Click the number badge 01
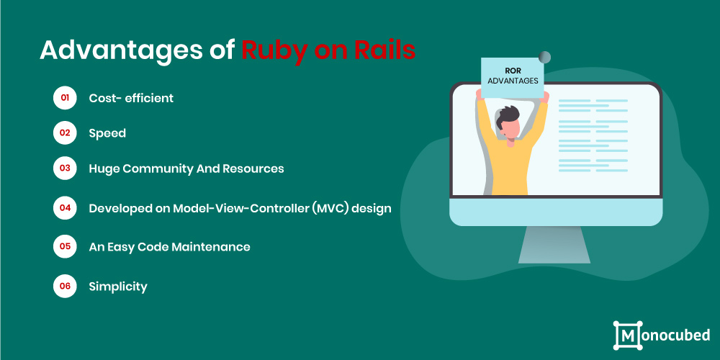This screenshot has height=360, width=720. click(65, 98)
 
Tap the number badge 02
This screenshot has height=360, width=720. click(65, 133)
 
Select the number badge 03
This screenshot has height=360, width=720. click(65, 168)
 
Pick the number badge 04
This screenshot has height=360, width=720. click(65, 207)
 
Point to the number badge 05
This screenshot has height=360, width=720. click(65, 246)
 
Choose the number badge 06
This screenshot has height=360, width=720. click(65, 286)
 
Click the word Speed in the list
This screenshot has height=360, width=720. click(107, 134)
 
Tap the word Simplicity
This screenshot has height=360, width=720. click(118, 287)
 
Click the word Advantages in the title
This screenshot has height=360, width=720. click(121, 51)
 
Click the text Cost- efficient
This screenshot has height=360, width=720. click(131, 98)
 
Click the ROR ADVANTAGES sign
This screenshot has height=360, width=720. click(513, 77)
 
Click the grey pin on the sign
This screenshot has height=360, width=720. click(544, 58)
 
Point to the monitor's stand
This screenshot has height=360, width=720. click(554, 244)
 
